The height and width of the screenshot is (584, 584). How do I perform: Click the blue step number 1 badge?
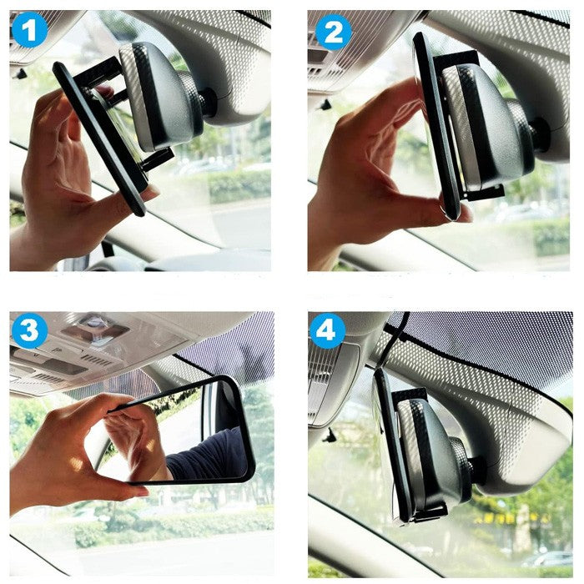29,30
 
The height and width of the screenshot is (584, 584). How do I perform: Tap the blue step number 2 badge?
334,33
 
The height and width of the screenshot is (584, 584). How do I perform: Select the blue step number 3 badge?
29,330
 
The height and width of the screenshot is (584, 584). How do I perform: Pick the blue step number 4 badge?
327,330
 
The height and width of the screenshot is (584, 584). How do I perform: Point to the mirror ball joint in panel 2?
540,134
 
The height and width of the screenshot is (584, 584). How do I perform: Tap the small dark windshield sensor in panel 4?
330,435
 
